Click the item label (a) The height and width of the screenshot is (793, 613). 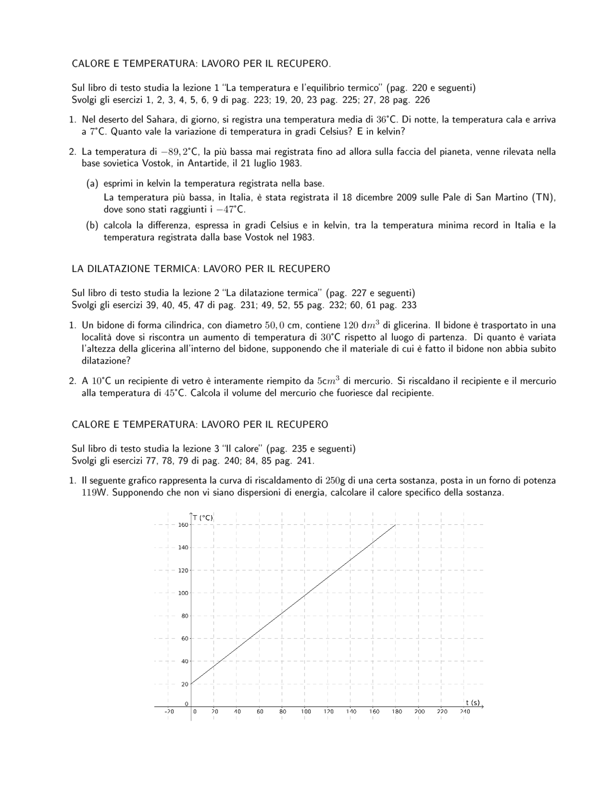pos(92,183)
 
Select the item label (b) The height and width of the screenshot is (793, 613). pos(92,225)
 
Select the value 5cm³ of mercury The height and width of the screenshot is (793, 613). pos(328,381)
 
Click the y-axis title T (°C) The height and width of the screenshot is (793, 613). pos(203,518)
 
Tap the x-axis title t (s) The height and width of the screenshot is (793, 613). pos(473,702)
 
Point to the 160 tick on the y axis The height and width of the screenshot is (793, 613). pos(183,525)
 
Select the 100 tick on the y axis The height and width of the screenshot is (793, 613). pos(183,593)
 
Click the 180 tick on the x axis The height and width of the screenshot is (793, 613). pos(397,712)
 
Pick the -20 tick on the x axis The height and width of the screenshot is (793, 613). pos(169,712)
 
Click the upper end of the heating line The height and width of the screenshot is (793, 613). pos(396,525)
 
